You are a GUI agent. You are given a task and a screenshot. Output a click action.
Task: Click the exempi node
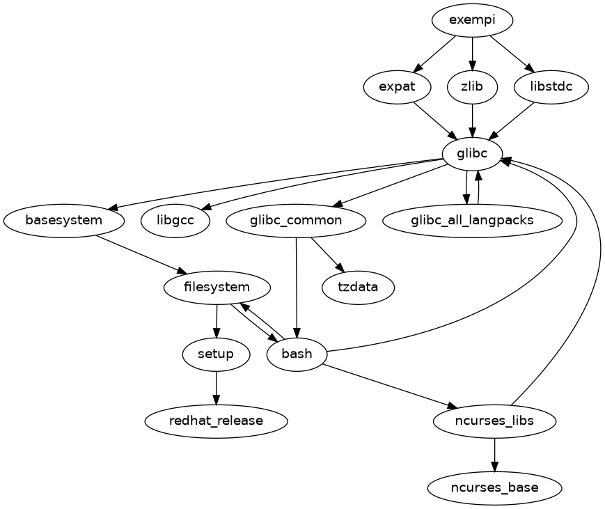[x=473, y=20]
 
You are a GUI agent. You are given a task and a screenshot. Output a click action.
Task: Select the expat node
[x=398, y=87]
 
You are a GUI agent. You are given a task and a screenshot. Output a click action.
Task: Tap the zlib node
[x=473, y=87]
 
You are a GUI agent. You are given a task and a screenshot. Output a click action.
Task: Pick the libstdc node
[x=551, y=87]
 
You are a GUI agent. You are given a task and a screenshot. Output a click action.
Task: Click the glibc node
[x=473, y=154]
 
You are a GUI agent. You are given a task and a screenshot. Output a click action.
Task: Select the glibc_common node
[x=297, y=221]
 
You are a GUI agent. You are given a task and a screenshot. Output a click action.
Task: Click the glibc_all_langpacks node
[x=473, y=221]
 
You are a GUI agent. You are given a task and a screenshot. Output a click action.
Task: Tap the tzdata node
[x=359, y=288]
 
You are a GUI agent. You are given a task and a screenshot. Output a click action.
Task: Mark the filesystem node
[x=217, y=287]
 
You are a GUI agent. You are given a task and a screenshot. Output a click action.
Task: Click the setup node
[x=216, y=354]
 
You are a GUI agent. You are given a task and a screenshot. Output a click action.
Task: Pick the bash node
[x=297, y=354]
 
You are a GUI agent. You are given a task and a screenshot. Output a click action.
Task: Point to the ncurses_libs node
[x=494, y=421]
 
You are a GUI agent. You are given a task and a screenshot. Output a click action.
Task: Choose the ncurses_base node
[x=494, y=487]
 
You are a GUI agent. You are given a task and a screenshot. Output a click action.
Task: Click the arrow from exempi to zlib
[x=473, y=54]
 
